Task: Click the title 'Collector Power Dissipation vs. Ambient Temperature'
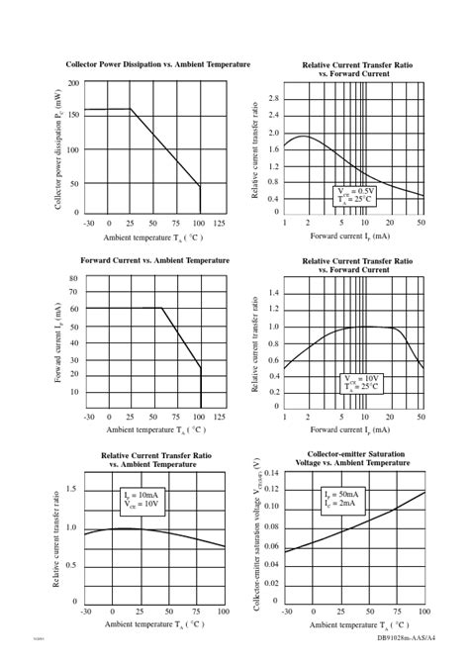158,64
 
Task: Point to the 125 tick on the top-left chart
220,223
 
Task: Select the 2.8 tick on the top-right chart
273,99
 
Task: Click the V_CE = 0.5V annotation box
353,194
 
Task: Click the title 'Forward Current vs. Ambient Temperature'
154,259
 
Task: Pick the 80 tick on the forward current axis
73,279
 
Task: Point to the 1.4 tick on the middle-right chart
273,293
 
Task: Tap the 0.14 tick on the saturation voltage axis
270,473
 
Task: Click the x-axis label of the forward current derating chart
154,430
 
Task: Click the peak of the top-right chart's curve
303,137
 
